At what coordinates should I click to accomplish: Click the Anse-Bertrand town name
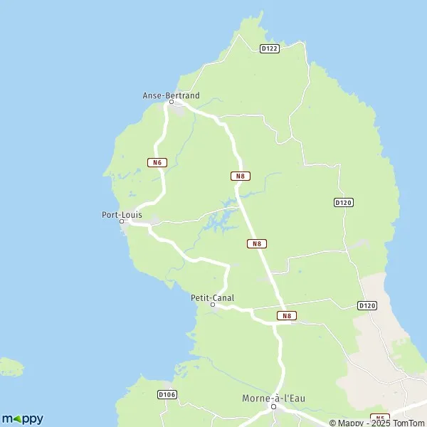(171, 95)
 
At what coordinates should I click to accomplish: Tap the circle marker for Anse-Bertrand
(171, 102)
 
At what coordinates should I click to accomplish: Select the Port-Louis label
(122, 213)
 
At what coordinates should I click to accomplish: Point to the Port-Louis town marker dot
(122, 221)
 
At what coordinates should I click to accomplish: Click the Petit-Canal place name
(213, 298)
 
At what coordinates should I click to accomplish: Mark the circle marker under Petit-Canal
(213, 305)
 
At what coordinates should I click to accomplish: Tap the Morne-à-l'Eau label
(274, 399)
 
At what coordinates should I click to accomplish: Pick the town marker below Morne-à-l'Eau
(273, 407)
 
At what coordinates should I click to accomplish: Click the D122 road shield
(269, 48)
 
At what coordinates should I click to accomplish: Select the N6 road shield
(157, 162)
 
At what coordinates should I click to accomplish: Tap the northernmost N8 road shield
(240, 176)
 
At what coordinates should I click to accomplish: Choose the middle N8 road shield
(257, 243)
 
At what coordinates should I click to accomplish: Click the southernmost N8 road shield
(286, 315)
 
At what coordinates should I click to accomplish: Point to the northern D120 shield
(344, 203)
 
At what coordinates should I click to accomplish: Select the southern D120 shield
(367, 305)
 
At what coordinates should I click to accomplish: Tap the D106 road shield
(167, 394)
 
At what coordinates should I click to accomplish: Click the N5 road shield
(381, 418)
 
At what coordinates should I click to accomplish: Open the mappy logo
(22, 418)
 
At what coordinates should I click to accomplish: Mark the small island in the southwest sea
(10, 367)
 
